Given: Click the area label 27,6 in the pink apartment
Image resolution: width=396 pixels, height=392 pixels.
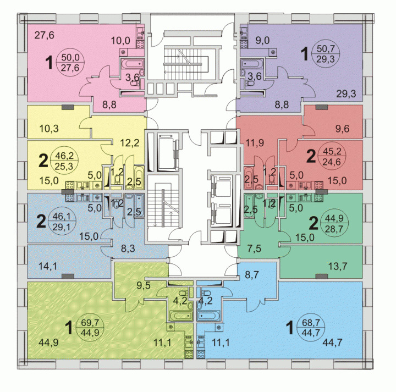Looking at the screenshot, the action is (44, 35).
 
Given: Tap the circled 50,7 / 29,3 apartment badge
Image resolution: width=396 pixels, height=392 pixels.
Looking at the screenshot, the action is (326, 53).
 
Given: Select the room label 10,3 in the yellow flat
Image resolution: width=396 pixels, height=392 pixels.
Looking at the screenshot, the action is (49, 129).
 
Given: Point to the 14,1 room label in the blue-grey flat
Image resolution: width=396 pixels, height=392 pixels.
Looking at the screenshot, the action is (48, 266).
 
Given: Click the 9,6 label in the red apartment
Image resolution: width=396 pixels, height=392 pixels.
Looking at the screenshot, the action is (342, 129).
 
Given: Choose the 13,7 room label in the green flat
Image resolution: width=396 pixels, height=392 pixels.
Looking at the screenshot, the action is (338, 266).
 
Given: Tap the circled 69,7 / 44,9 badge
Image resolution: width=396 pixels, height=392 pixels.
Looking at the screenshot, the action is (90, 327).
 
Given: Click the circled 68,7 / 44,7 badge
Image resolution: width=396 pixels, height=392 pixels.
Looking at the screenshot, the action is (311, 327).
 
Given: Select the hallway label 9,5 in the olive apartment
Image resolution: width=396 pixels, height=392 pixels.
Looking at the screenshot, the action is (144, 285).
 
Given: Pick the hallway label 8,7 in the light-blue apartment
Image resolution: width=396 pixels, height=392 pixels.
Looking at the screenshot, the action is (252, 275).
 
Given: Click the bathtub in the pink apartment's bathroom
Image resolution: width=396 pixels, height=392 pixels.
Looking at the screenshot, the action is (133, 64).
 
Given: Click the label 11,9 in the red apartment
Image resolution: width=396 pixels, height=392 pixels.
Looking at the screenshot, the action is (255, 143).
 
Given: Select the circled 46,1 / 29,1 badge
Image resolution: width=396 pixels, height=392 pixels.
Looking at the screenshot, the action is (62, 222).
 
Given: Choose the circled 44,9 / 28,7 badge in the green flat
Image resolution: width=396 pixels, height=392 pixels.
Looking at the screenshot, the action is (334, 223).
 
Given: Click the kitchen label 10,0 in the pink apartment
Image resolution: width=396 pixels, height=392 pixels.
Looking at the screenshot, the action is (120, 40).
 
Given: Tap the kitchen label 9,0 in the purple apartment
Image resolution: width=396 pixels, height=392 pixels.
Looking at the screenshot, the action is (262, 40).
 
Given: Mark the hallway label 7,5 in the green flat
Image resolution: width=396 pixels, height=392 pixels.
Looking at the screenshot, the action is (254, 249).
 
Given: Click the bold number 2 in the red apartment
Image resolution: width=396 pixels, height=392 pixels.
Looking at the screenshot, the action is (311, 156).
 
